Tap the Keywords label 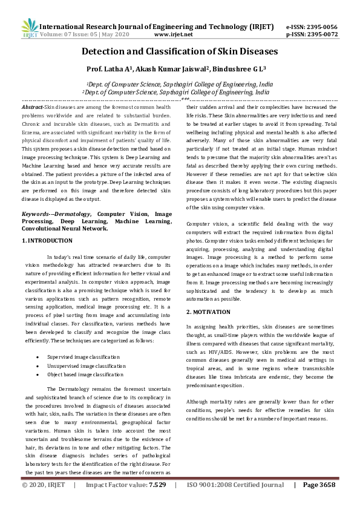38,197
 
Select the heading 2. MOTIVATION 208,312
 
